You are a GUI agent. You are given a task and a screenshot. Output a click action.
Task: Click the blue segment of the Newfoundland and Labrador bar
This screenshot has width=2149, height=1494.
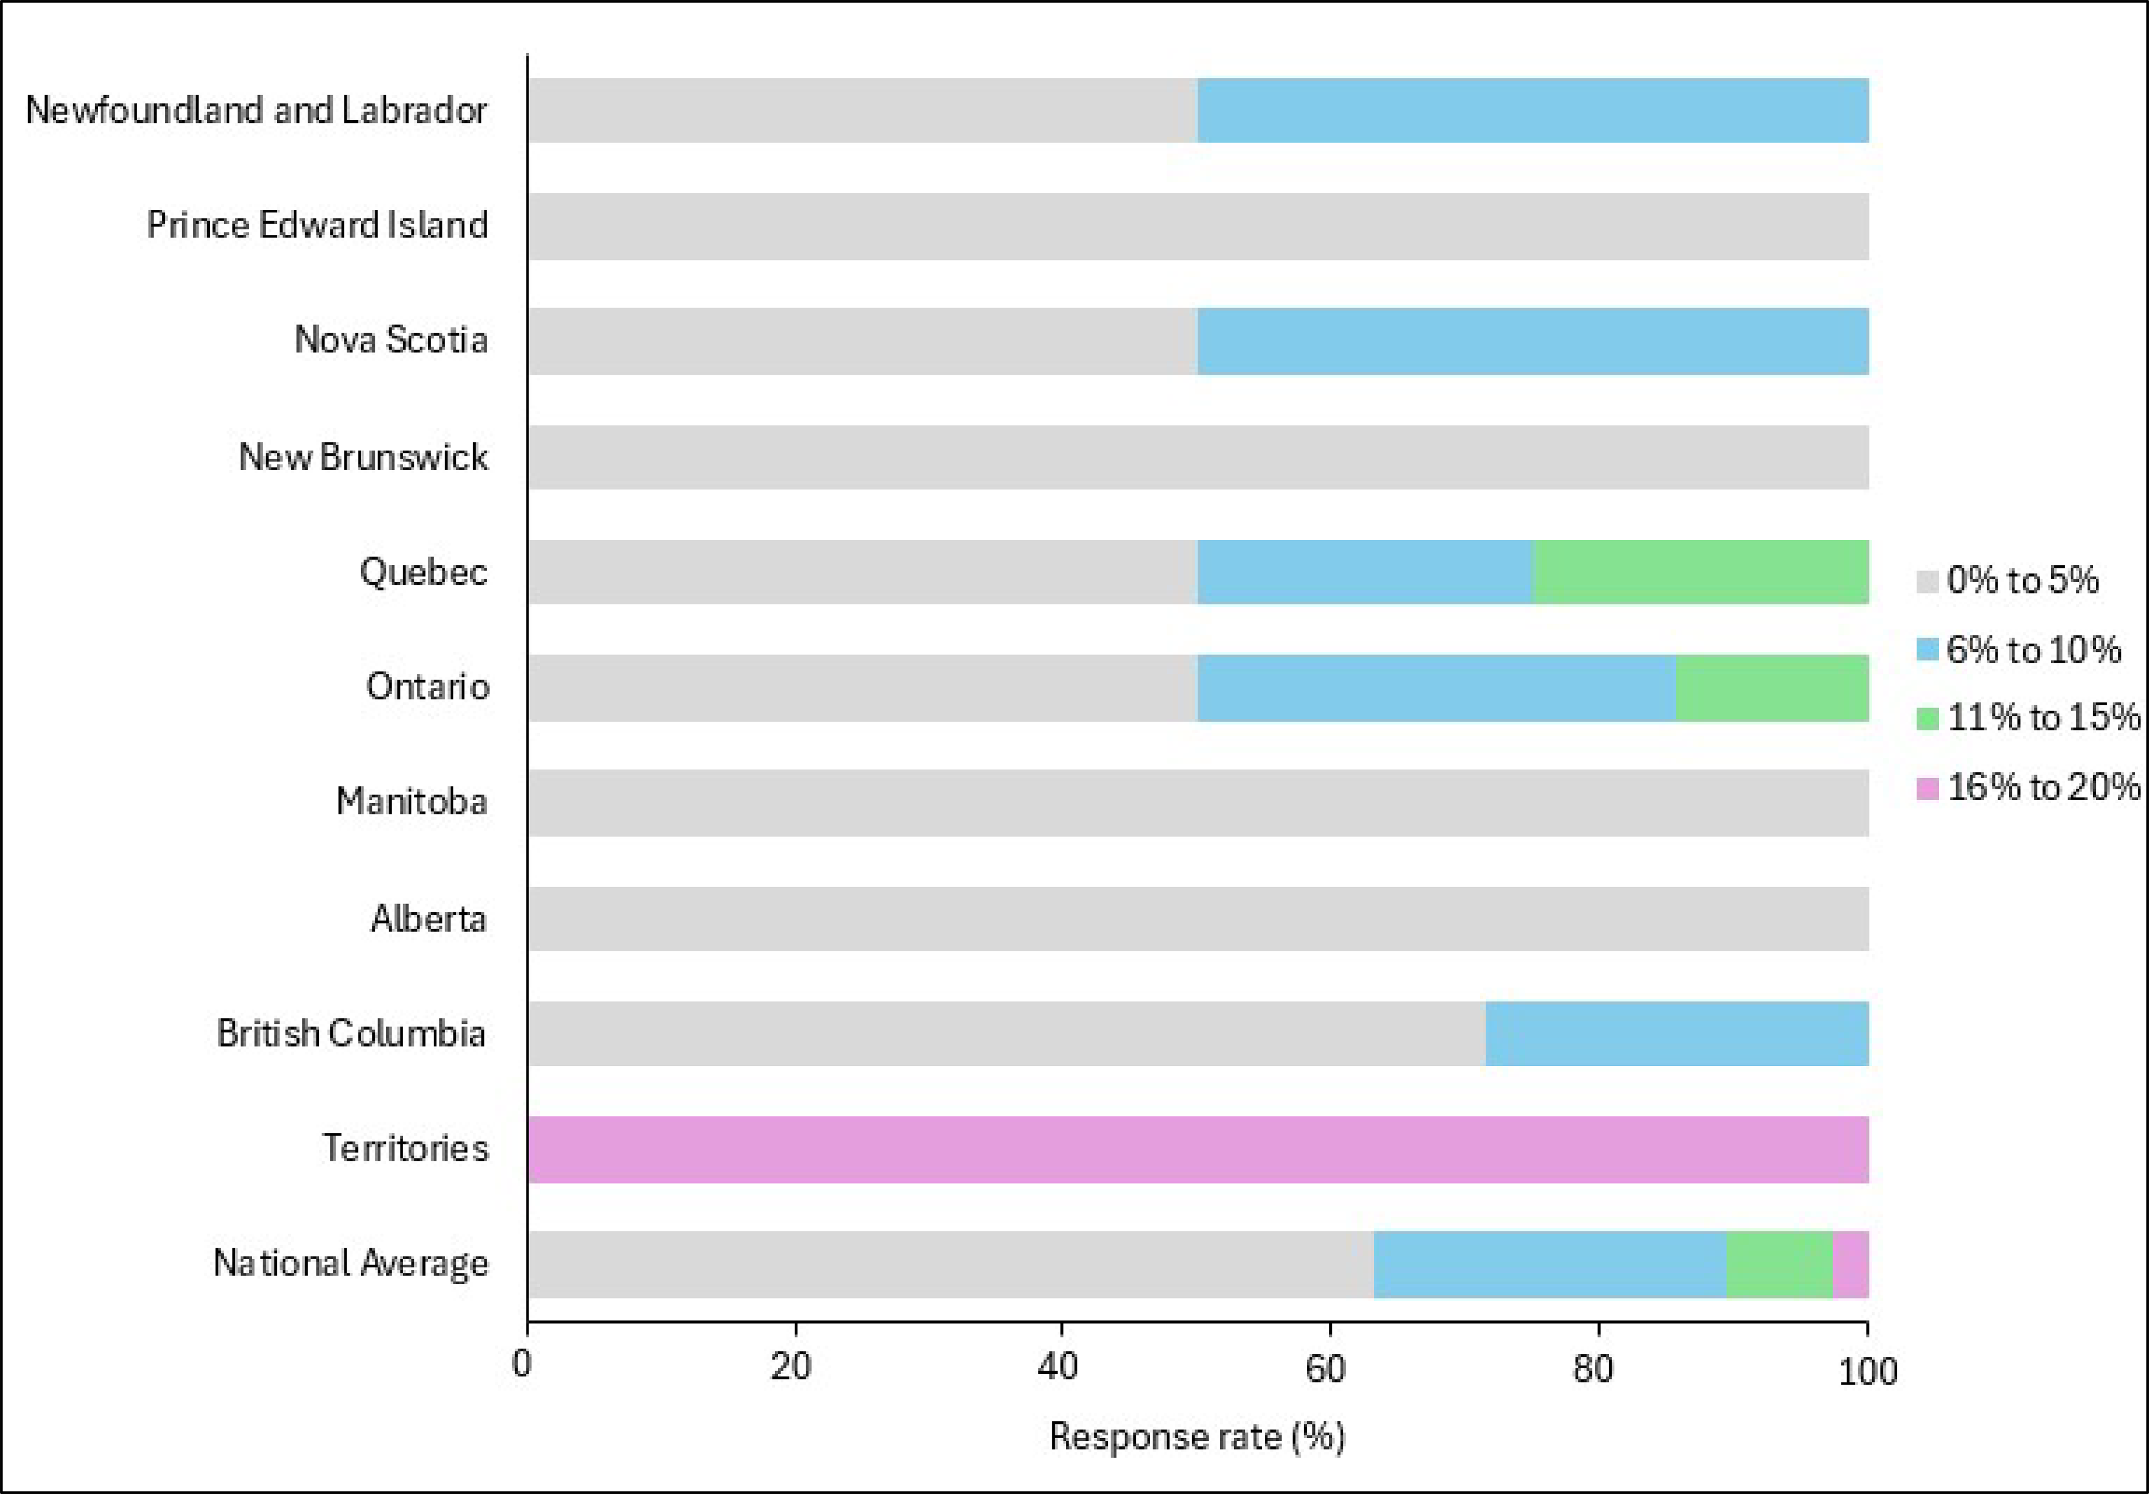click(1532, 111)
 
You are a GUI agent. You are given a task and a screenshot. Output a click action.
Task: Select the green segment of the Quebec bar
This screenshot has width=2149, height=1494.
click(1701, 572)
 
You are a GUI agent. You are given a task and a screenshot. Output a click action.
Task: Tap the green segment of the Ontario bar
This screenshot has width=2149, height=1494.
click(1772, 688)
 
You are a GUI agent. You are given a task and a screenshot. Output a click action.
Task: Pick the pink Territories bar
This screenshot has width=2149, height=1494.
click(1198, 1150)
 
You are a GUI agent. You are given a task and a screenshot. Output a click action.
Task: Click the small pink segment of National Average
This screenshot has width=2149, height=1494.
click(1850, 1265)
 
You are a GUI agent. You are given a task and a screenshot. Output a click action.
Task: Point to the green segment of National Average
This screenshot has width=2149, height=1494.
click(1779, 1265)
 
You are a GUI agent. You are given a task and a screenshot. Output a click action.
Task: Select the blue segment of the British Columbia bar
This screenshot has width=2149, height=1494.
click(1676, 1034)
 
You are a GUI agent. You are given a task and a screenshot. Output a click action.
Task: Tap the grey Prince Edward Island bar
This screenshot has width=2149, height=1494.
click(1198, 227)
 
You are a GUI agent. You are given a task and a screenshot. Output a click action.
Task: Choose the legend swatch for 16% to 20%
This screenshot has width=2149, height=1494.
click(1927, 788)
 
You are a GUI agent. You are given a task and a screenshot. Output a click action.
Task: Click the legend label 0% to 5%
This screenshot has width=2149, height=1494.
click(2022, 580)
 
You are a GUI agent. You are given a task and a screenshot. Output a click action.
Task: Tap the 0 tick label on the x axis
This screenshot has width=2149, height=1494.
click(522, 1365)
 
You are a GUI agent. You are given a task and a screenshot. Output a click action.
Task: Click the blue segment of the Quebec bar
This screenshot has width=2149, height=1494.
click(1365, 572)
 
